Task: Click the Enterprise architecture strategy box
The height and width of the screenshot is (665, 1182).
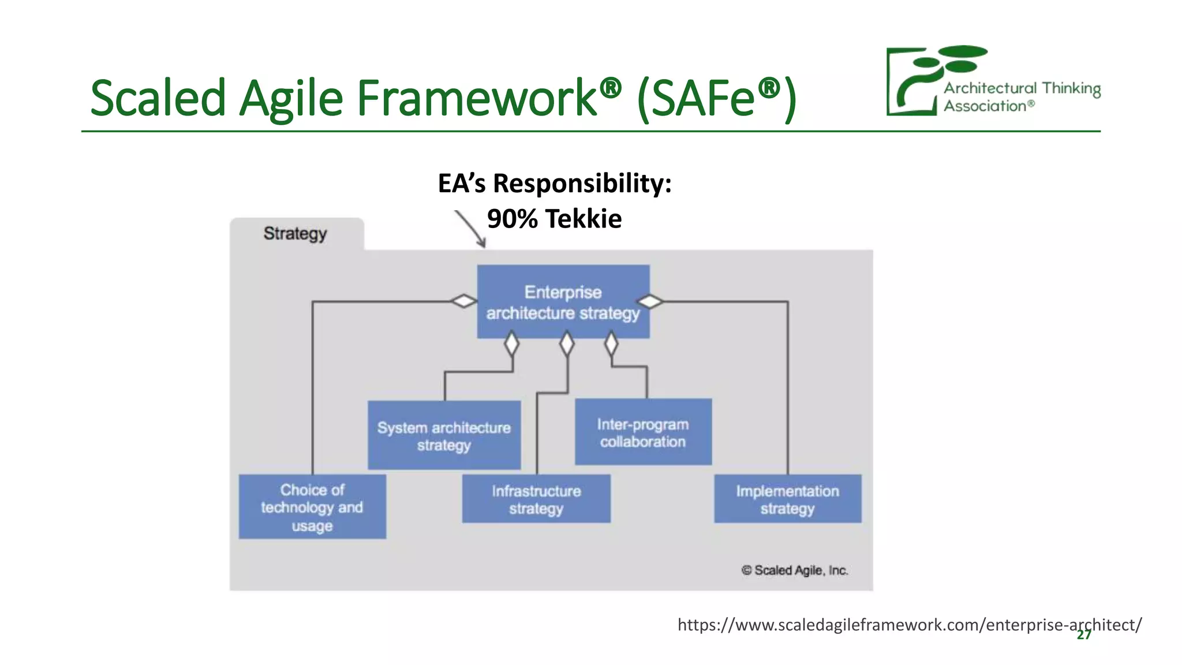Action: pos(563,302)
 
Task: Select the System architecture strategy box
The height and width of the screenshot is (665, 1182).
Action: pos(444,436)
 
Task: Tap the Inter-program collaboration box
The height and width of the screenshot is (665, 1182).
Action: pos(643,432)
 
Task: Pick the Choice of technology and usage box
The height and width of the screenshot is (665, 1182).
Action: pos(312,507)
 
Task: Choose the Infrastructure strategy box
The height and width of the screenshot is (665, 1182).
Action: pos(536,499)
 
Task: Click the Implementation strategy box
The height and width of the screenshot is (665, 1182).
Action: pos(787,499)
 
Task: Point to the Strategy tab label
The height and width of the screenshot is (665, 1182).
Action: pos(295,234)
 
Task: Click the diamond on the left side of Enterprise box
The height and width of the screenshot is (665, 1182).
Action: pos(464,301)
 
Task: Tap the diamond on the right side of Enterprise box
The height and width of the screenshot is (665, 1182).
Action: pos(650,301)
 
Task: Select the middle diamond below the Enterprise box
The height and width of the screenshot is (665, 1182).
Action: pos(567,344)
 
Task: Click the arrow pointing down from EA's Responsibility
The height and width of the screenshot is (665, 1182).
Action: pos(472,230)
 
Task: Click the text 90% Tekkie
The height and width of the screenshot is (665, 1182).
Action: pos(554,219)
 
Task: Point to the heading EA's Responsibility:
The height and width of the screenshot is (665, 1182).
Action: pos(554,184)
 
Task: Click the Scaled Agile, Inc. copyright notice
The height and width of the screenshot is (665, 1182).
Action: pos(795,570)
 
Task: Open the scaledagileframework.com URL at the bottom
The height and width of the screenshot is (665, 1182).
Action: pos(908,625)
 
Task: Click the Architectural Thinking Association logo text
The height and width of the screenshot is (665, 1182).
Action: pos(1022,96)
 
